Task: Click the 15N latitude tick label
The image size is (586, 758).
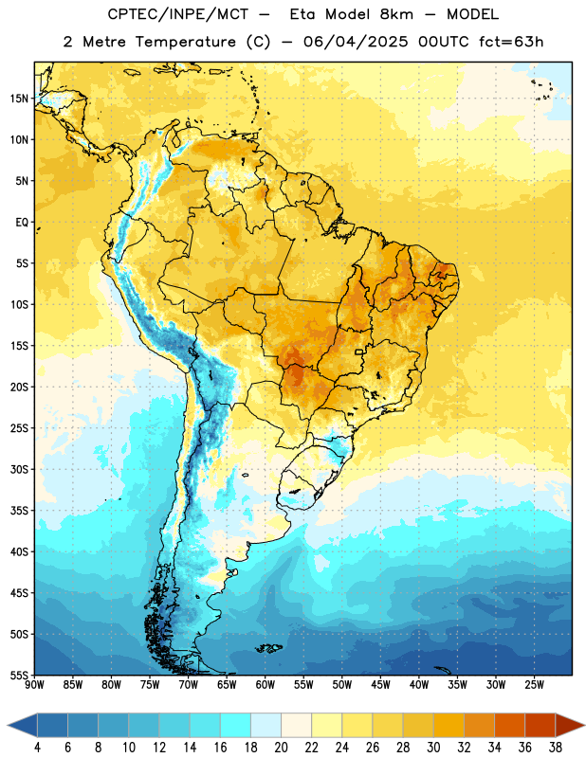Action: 19,99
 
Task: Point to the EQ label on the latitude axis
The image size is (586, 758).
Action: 22,223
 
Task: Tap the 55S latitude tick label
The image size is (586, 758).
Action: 19,675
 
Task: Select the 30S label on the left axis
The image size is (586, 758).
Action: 19,469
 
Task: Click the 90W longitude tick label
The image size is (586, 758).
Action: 34,684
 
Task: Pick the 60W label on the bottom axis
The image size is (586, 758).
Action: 266,684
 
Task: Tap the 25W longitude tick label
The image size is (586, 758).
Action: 534,684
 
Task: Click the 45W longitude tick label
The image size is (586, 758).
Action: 380,684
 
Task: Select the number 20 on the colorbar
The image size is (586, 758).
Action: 281,748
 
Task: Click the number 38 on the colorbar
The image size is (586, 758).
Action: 555,748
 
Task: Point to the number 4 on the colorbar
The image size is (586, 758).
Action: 38,748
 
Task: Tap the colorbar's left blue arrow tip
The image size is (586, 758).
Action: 8,726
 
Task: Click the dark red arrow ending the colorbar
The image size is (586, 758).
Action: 570,726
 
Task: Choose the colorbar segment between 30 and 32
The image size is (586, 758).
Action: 449,726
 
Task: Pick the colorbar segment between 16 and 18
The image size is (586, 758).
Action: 236,726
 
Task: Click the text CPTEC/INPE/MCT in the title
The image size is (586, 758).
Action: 177,14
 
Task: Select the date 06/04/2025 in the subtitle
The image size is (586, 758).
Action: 356,42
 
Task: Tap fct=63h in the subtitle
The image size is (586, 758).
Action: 511,42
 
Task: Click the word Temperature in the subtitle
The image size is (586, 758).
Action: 185,43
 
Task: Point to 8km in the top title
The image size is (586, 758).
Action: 396,14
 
